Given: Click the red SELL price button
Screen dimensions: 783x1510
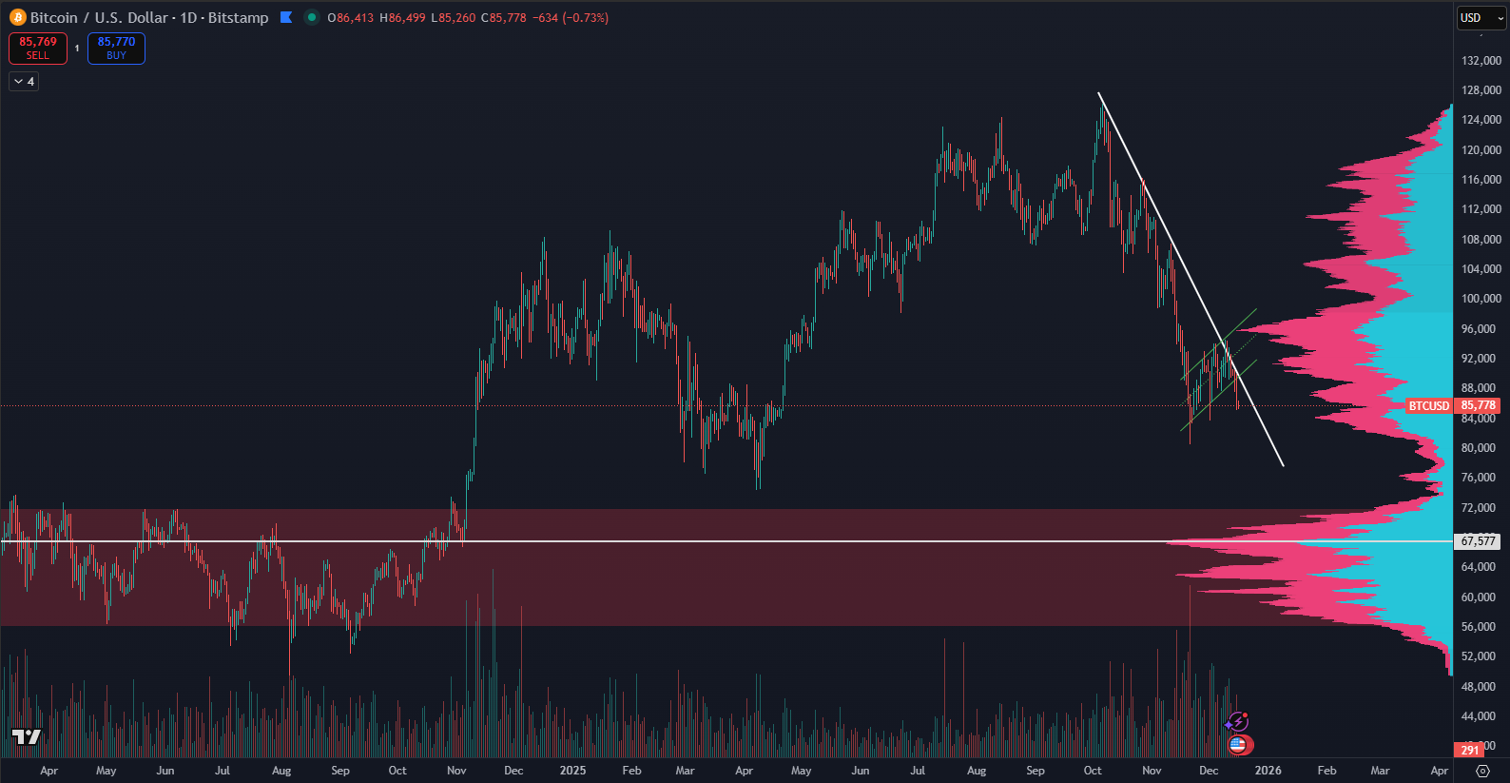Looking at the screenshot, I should click(x=38, y=48).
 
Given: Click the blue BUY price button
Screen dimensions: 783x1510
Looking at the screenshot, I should click(x=116, y=48).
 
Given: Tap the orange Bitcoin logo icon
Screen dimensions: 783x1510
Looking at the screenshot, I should click(x=17, y=17).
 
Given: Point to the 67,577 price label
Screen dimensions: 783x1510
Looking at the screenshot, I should click(x=1478, y=541).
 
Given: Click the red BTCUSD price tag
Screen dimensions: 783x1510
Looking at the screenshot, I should click(x=1429, y=406).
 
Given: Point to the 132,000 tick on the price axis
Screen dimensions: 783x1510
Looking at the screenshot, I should click(x=1481, y=61).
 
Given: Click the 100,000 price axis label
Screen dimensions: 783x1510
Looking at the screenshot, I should click(x=1481, y=299).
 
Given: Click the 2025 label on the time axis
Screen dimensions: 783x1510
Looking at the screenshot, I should click(x=572, y=771).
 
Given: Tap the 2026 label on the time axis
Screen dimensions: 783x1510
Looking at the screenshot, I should click(x=1268, y=771).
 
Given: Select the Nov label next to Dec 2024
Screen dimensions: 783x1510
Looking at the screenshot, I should click(x=456, y=771).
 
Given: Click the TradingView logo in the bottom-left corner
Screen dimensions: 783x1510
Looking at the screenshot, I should click(x=27, y=737).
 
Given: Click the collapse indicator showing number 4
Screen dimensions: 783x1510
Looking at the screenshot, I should click(x=24, y=82).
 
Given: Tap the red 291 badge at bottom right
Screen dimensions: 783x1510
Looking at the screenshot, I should click(x=1470, y=750).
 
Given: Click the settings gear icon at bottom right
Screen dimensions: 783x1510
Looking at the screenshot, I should click(x=1482, y=771).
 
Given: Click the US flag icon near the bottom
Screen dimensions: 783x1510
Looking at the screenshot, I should click(x=1237, y=745).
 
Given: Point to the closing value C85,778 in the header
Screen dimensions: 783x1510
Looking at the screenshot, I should click(x=504, y=18).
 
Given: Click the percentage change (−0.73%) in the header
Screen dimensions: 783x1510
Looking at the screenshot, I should click(x=585, y=18).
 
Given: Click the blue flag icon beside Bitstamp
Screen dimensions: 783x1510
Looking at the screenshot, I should click(x=286, y=17).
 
